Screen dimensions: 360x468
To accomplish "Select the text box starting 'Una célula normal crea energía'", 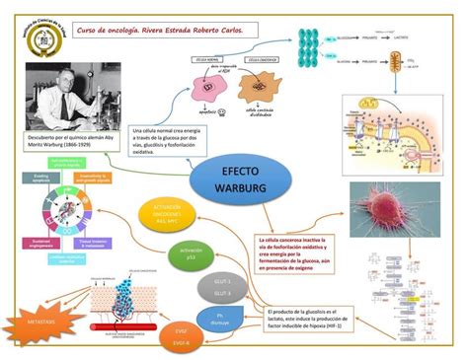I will (169, 140).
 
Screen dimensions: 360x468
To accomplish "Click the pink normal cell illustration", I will (210, 84).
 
